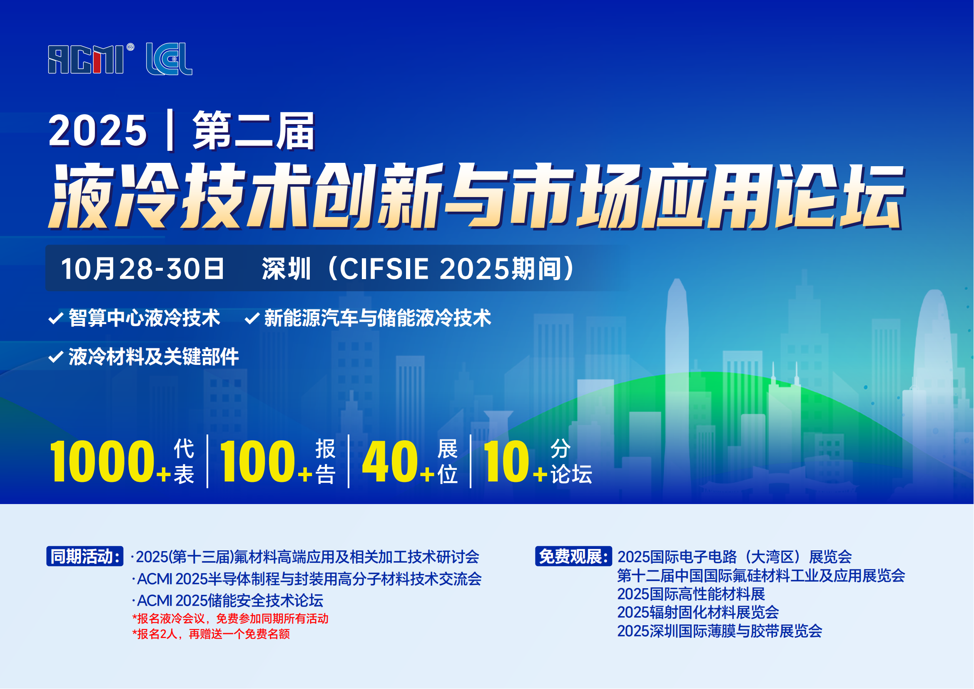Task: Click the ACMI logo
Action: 86,59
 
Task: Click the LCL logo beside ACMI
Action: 169,59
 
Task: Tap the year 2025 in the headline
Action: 97,131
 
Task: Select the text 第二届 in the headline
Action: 254,131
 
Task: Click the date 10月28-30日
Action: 142,269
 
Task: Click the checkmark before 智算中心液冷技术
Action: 56,318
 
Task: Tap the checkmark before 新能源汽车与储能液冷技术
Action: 252,318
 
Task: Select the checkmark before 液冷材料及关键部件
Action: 56,357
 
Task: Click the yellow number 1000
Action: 102,462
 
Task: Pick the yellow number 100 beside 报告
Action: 257,462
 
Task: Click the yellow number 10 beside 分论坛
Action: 506,462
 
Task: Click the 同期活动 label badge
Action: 85,556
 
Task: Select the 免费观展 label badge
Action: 573,556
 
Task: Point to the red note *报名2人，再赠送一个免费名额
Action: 211,634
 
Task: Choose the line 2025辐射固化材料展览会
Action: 698,612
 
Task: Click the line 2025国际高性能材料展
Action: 691,594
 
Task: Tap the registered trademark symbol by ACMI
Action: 130,47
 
